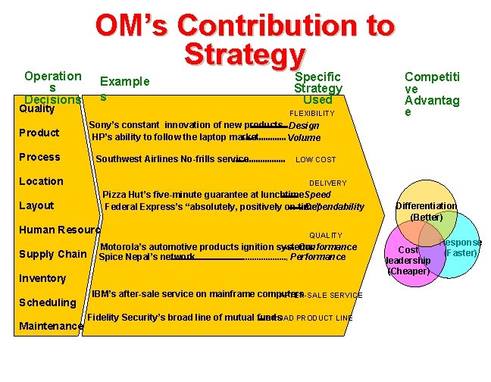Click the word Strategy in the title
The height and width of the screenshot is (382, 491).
pyautogui.click(x=244, y=55)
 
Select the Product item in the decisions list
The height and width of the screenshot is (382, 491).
pyautogui.click(x=39, y=133)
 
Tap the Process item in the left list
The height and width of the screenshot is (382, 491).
pyautogui.click(x=39, y=157)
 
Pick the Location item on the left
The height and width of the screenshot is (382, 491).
pyautogui.click(x=42, y=181)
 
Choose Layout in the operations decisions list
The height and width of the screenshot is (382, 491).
pyautogui.click(x=36, y=205)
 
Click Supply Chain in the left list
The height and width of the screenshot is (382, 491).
pyautogui.click(x=52, y=254)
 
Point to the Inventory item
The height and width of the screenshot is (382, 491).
pyautogui.click(x=42, y=278)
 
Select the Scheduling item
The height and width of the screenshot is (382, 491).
pyautogui.click(x=47, y=302)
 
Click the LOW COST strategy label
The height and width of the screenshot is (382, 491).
pyautogui.click(x=315, y=161)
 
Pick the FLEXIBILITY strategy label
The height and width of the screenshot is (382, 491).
pyautogui.click(x=312, y=114)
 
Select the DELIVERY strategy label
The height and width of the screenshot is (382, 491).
pyautogui.click(x=327, y=183)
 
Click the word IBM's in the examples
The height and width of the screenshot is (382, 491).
pyautogui.click(x=105, y=293)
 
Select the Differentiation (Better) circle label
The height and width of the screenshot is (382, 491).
pyautogui.click(x=427, y=211)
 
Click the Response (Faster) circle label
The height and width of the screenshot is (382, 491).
pyautogui.click(x=463, y=247)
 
